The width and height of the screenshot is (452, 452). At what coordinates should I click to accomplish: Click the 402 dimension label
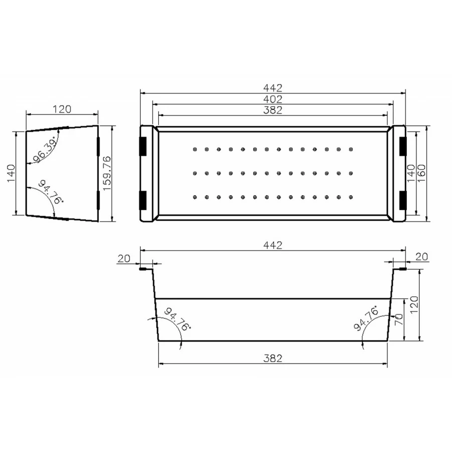coord(273,99)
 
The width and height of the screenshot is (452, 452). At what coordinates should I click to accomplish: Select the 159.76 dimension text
coord(107,173)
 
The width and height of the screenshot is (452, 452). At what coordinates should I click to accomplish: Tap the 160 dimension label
coord(421,173)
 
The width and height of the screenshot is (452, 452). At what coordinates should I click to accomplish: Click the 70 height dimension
coord(398,320)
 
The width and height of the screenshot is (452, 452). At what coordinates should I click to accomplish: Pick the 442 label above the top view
coord(273,87)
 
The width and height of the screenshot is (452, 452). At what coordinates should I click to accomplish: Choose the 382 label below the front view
coord(273,358)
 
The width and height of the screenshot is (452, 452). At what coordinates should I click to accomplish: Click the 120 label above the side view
coord(62,109)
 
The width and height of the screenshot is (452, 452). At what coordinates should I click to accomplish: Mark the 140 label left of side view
coord(11,173)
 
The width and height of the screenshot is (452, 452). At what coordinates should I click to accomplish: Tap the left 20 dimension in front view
coord(124,259)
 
